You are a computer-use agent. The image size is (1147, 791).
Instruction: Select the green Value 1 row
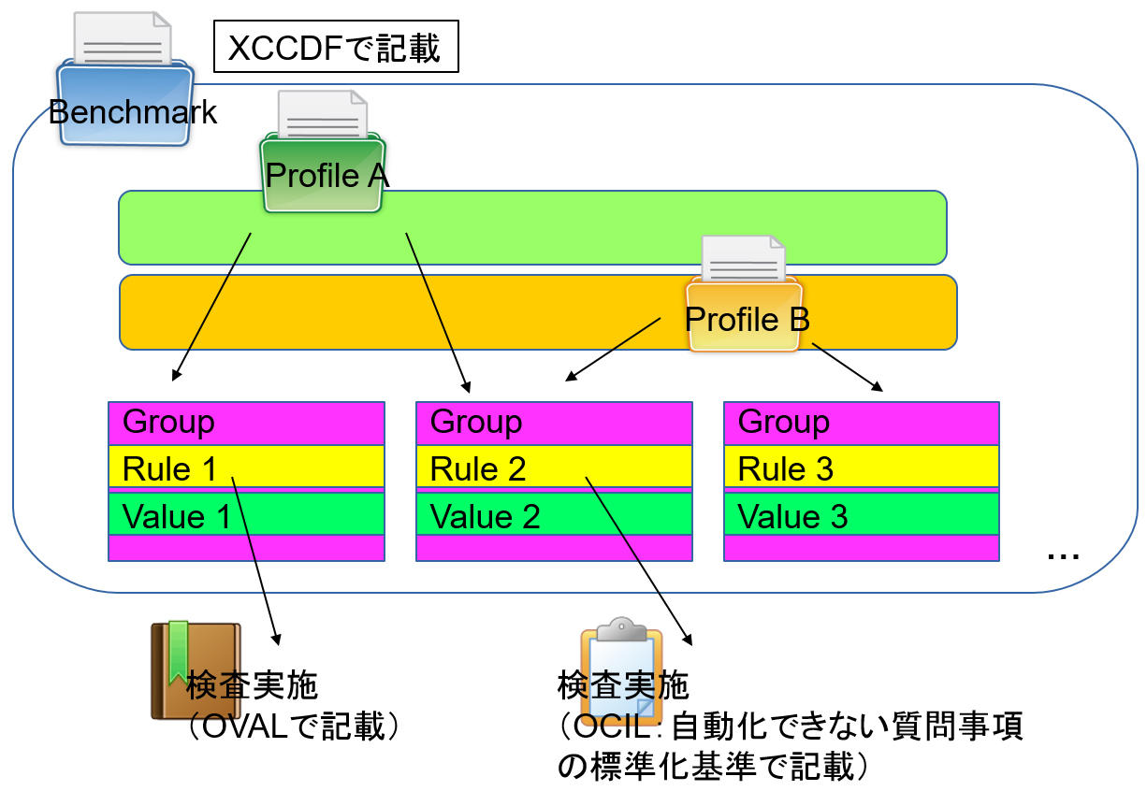pyautogui.click(x=246, y=514)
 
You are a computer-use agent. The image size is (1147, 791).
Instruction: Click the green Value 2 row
pyautogui.click(x=554, y=514)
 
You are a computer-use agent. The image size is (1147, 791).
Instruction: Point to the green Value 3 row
pyautogui.click(x=861, y=514)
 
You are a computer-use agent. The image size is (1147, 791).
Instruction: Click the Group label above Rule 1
pyautogui.click(x=169, y=423)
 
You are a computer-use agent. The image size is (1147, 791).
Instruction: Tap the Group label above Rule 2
pyautogui.click(x=476, y=423)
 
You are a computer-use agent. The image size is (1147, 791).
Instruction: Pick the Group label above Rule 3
pyautogui.click(x=784, y=423)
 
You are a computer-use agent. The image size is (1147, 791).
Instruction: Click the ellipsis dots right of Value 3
pyautogui.click(x=1063, y=555)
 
